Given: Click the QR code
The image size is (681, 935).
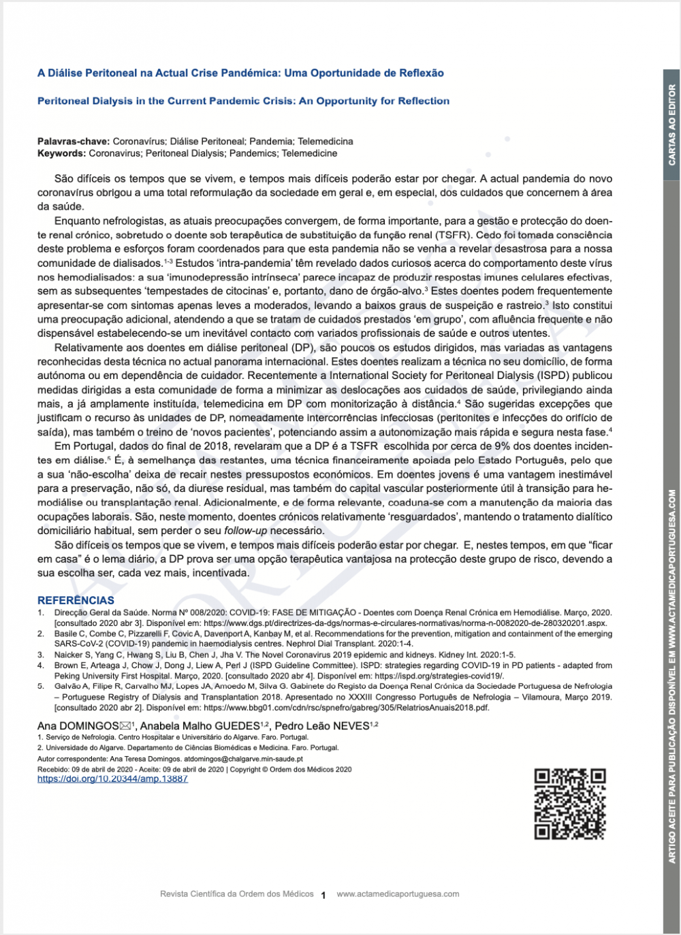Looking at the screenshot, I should click(x=569, y=804).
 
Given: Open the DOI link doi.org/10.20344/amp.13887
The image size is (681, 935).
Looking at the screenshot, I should click(x=112, y=778).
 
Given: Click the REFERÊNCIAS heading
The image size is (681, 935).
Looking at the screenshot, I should click(x=76, y=600).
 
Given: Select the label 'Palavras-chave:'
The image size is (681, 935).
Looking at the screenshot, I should click(x=73, y=142).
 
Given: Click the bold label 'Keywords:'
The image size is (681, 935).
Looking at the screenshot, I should click(x=61, y=153).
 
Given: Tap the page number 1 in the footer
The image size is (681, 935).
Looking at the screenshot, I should click(x=323, y=895).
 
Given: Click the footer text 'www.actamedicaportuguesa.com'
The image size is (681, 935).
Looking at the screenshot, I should click(x=398, y=893).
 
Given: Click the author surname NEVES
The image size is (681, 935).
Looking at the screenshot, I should click(x=351, y=726).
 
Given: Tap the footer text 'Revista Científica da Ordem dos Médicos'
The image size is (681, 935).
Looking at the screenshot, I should click(x=236, y=893).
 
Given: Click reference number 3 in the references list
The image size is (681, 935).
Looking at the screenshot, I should click(x=41, y=655).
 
